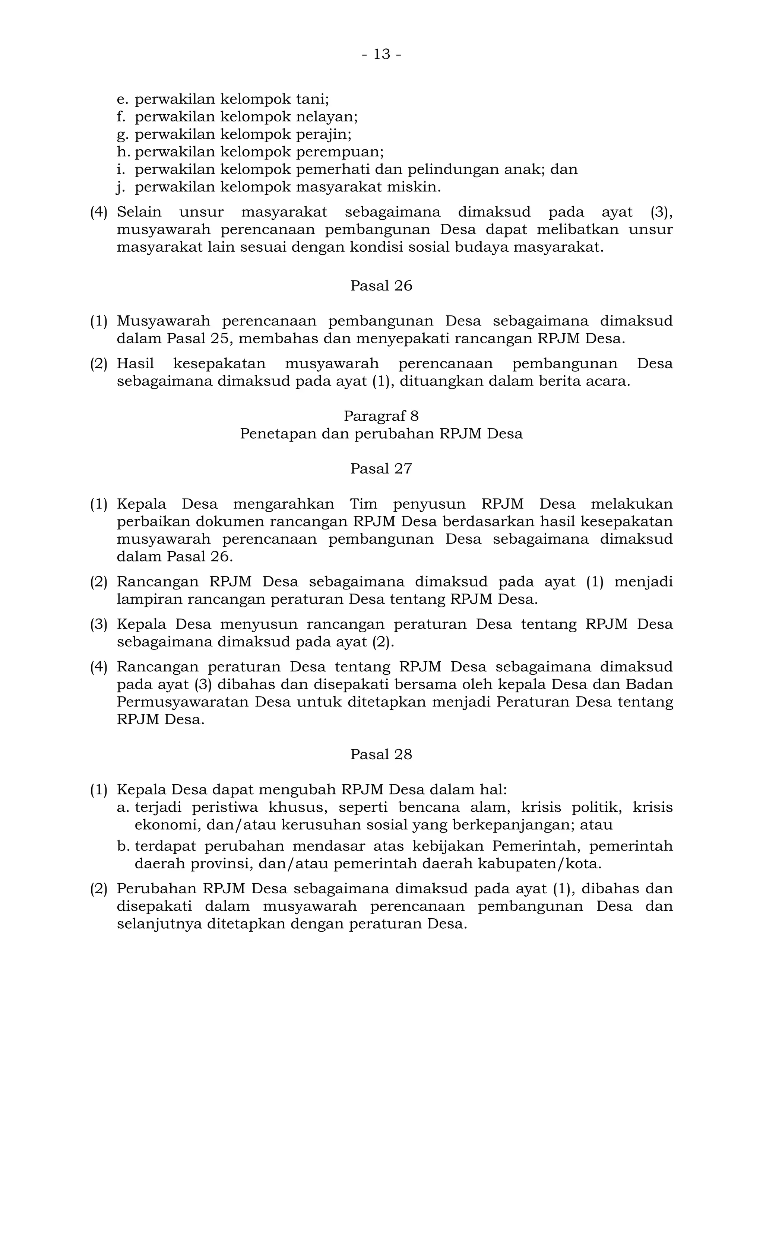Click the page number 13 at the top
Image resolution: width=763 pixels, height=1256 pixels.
pyautogui.click(x=381, y=54)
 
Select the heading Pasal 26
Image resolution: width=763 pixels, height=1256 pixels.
pyautogui.click(x=381, y=286)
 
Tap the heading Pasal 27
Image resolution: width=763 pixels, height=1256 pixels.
pyautogui.click(x=381, y=469)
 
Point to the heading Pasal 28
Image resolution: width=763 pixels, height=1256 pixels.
pyautogui.click(x=381, y=754)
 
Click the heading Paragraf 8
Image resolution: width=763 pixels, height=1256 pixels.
pyautogui.click(x=381, y=416)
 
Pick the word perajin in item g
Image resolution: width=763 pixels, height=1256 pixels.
pyautogui.click(x=324, y=134)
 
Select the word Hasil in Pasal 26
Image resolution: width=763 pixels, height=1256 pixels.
pyautogui.click(x=135, y=364)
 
